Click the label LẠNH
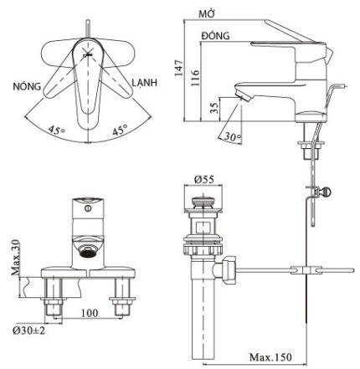[145, 85]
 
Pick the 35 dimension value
[213, 109]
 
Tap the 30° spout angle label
[234, 137]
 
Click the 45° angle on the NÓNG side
[55, 131]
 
